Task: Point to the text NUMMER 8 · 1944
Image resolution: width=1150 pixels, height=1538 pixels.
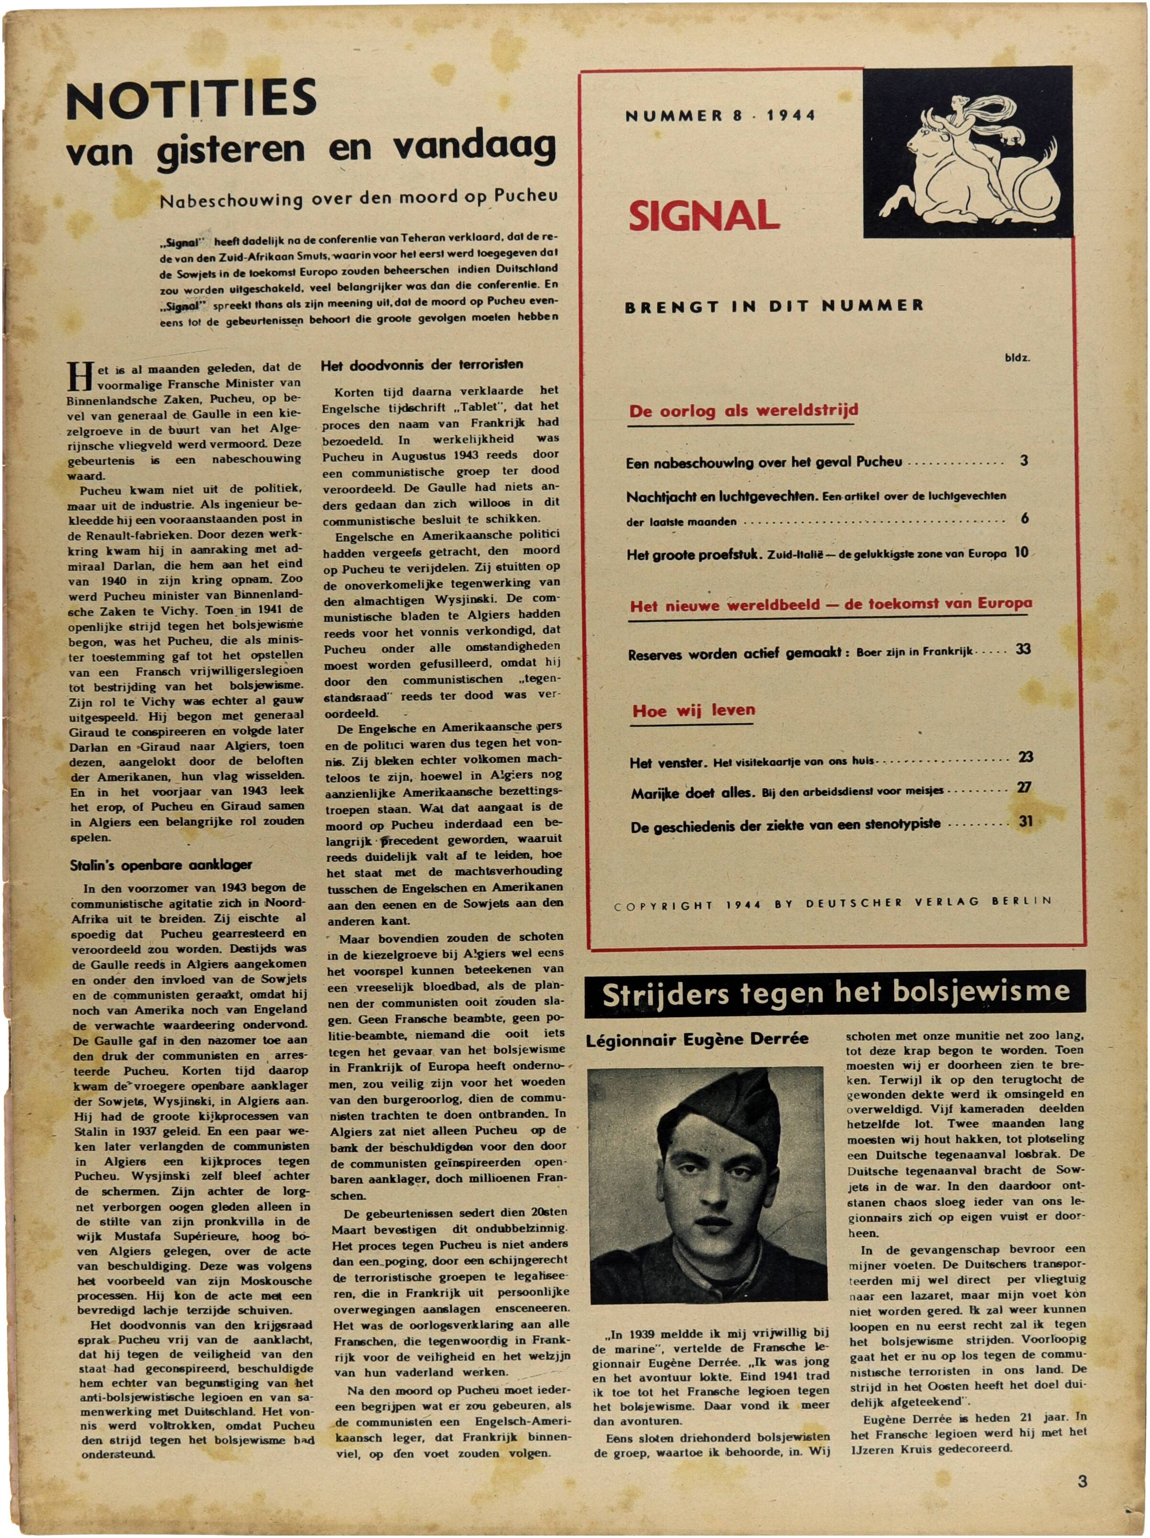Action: (x=720, y=116)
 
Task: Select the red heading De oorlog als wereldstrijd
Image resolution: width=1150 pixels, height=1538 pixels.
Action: (x=743, y=411)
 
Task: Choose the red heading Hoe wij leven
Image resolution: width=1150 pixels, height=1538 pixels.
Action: (x=693, y=711)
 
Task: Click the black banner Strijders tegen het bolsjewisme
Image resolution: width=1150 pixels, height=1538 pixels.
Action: (x=835, y=992)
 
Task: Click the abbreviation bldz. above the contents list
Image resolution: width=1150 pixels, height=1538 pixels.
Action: (x=1017, y=359)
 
